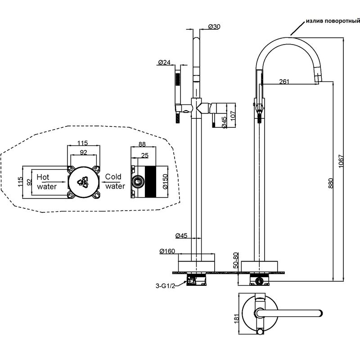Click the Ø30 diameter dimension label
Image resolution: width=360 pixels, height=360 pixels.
coord(214,27)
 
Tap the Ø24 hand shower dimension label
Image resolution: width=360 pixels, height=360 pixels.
coord(164,62)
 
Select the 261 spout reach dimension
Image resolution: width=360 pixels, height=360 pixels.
coord(284,81)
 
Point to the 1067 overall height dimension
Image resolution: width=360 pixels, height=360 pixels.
coord(341,161)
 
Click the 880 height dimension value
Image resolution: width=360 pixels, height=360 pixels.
coord(330,183)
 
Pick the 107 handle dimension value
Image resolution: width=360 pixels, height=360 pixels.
coord(233,116)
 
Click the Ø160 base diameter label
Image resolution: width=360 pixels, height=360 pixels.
coord(167,251)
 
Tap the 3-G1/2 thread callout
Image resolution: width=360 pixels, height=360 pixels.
coord(165,286)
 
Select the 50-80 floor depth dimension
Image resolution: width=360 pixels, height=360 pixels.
coord(235,261)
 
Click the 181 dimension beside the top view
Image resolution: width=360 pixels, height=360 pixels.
coord(237,319)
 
